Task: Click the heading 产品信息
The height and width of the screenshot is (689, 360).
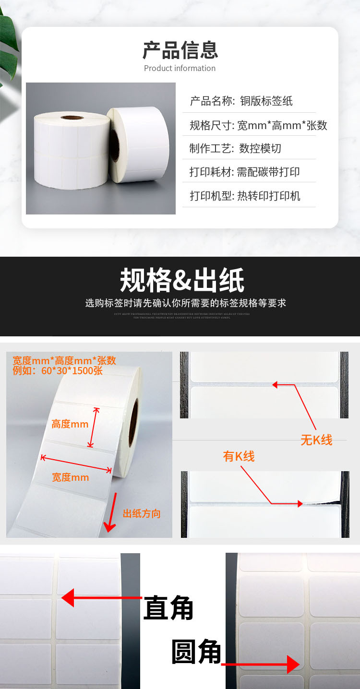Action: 180,50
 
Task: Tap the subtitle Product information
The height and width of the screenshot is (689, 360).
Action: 180,68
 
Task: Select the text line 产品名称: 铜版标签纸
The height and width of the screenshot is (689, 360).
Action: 241,101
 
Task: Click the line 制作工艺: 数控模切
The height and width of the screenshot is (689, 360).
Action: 235,148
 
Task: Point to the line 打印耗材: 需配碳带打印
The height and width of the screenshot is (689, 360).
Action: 244,172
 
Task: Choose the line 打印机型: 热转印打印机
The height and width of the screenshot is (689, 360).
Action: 245,196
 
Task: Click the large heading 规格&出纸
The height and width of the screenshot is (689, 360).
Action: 181,280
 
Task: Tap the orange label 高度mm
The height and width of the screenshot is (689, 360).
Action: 70,424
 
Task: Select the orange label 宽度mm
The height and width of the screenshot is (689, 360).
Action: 70,477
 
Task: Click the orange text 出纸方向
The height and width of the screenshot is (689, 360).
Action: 142,513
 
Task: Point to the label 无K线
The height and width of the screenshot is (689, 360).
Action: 316,440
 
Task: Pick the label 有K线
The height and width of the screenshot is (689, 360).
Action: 239,456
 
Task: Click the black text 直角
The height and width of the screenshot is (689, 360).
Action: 168,608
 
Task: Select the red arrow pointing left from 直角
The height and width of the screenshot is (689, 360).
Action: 101,598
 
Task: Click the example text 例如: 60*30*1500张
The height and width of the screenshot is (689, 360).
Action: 58,371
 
